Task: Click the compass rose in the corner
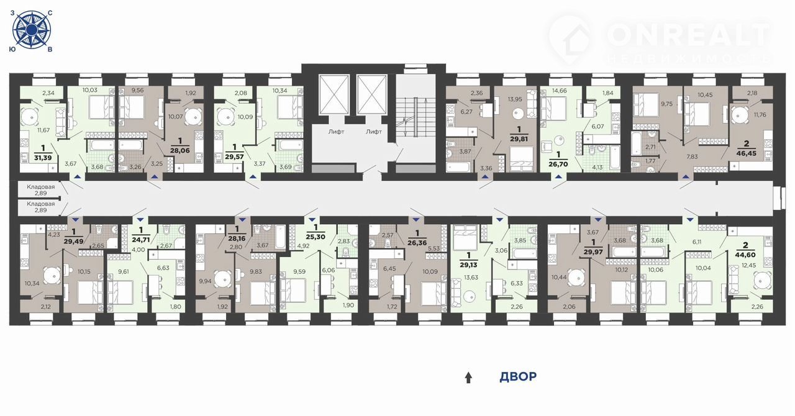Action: pyautogui.click(x=32, y=30)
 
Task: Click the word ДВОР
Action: pyautogui.click(x=518, y=377)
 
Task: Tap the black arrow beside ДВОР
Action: pyautogui.click(x=468, y=378)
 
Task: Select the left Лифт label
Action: pyautogui.click(x=336, y=132)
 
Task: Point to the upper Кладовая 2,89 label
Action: pyautogui.click(x=41, y=190)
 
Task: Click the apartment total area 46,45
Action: pyautogui.click(x=747, y=153)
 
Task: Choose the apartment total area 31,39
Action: pyautogui.click(x=43, y=158)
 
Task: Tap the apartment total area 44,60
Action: pyautogui.click(x=745, y=255)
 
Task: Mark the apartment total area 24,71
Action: pyautogui.click(x=141, y=238)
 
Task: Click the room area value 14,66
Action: pyautogui.click(x=559, y=91)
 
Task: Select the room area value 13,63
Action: pyautogui.click(x=471, y=277)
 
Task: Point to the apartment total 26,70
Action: pyautogui.click(x=558, y=165)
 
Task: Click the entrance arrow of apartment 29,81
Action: pyautogui.click(x=485, y=176)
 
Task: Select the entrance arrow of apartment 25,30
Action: pyautogui.click(x=312, y=220)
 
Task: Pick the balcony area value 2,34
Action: pyautogui.click(x=48, y=93)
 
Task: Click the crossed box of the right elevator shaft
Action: pyautogui.click(x=371, y=94)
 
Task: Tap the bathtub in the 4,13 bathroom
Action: pyautogui.click(x=614, y=158)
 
